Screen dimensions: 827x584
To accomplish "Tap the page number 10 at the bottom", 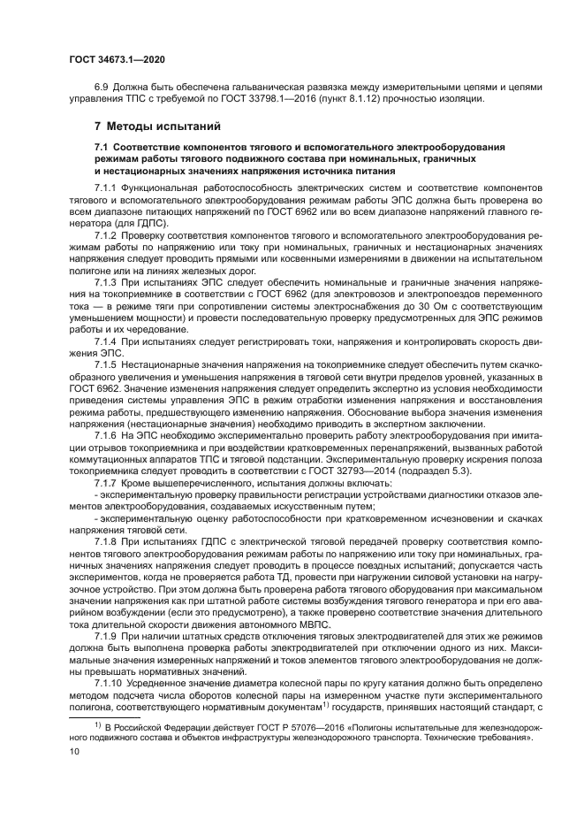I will [x=75, y=751].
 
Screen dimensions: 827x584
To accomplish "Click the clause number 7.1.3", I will [x=106, y=279].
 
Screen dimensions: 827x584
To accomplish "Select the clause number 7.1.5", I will [x=106, y=365].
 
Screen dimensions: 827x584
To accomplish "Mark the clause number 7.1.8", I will [x=106, y=540].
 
